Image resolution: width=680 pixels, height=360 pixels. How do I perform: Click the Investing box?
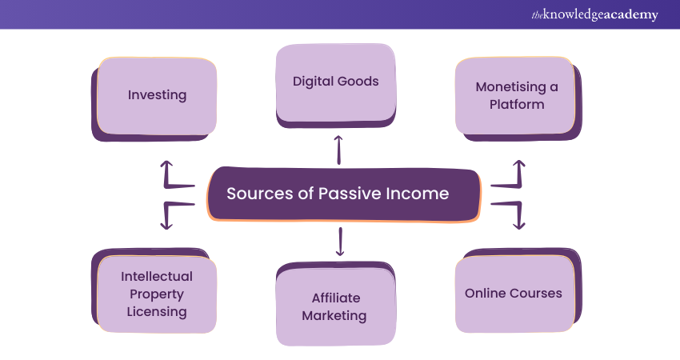[157, 95]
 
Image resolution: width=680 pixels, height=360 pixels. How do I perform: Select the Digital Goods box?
[335, 82]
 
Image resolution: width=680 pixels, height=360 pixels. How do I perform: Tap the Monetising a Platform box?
[515, 95]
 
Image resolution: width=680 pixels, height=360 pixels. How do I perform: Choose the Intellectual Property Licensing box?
[157, 293]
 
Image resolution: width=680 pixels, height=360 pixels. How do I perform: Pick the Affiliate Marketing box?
[334, 306]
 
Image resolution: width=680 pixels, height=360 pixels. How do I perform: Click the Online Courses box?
[514, 293]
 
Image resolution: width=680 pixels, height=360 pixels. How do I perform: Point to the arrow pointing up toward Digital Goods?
[338, 149]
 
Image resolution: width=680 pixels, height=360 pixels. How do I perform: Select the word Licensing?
[157, 311]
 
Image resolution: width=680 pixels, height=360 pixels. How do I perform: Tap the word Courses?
[537, 293]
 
